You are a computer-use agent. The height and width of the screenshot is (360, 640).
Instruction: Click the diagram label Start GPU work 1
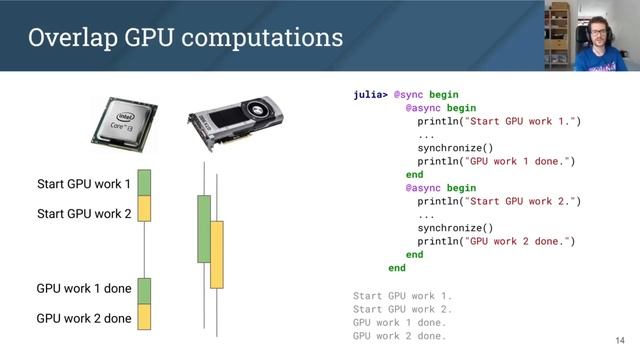pos(84,185)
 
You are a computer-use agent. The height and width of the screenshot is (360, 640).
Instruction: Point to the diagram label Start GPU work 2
pos(84,214)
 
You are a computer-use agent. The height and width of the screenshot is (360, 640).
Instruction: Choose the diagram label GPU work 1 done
pos(84,289)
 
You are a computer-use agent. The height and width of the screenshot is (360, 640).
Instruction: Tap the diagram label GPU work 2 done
pos(84,319)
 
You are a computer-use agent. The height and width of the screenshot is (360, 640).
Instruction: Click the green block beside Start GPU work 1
pos(144,183)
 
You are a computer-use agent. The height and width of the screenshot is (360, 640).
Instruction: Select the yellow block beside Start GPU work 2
pos(144,208)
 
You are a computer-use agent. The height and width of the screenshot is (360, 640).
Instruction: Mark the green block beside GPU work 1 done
pos(144,290)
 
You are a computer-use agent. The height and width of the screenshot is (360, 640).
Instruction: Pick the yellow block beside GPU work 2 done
pos(144,316)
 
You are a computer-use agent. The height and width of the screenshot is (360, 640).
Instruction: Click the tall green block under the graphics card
pos(205,229)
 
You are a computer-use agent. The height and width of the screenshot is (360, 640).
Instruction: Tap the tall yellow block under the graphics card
pos(217,255)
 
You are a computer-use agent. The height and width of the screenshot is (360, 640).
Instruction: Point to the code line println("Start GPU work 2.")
pos(499,201)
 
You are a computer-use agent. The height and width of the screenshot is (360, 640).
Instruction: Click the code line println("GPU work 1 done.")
pos(496,160)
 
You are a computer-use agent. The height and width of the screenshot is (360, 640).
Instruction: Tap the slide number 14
pos(620,341)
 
